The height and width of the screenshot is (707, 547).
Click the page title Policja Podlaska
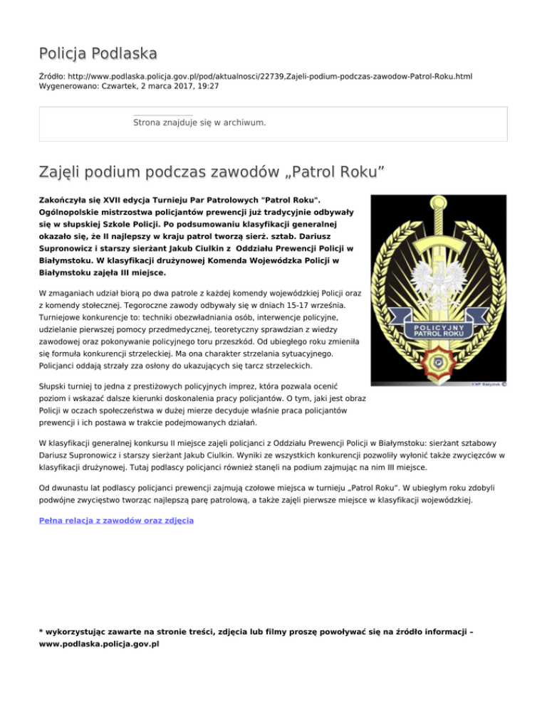tap(98, 53)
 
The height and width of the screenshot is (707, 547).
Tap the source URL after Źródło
tap(270, 75)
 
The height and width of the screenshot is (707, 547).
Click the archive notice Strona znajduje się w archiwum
tap(199, 123)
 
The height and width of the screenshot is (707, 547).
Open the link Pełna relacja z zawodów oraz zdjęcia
tap(115, 521)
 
